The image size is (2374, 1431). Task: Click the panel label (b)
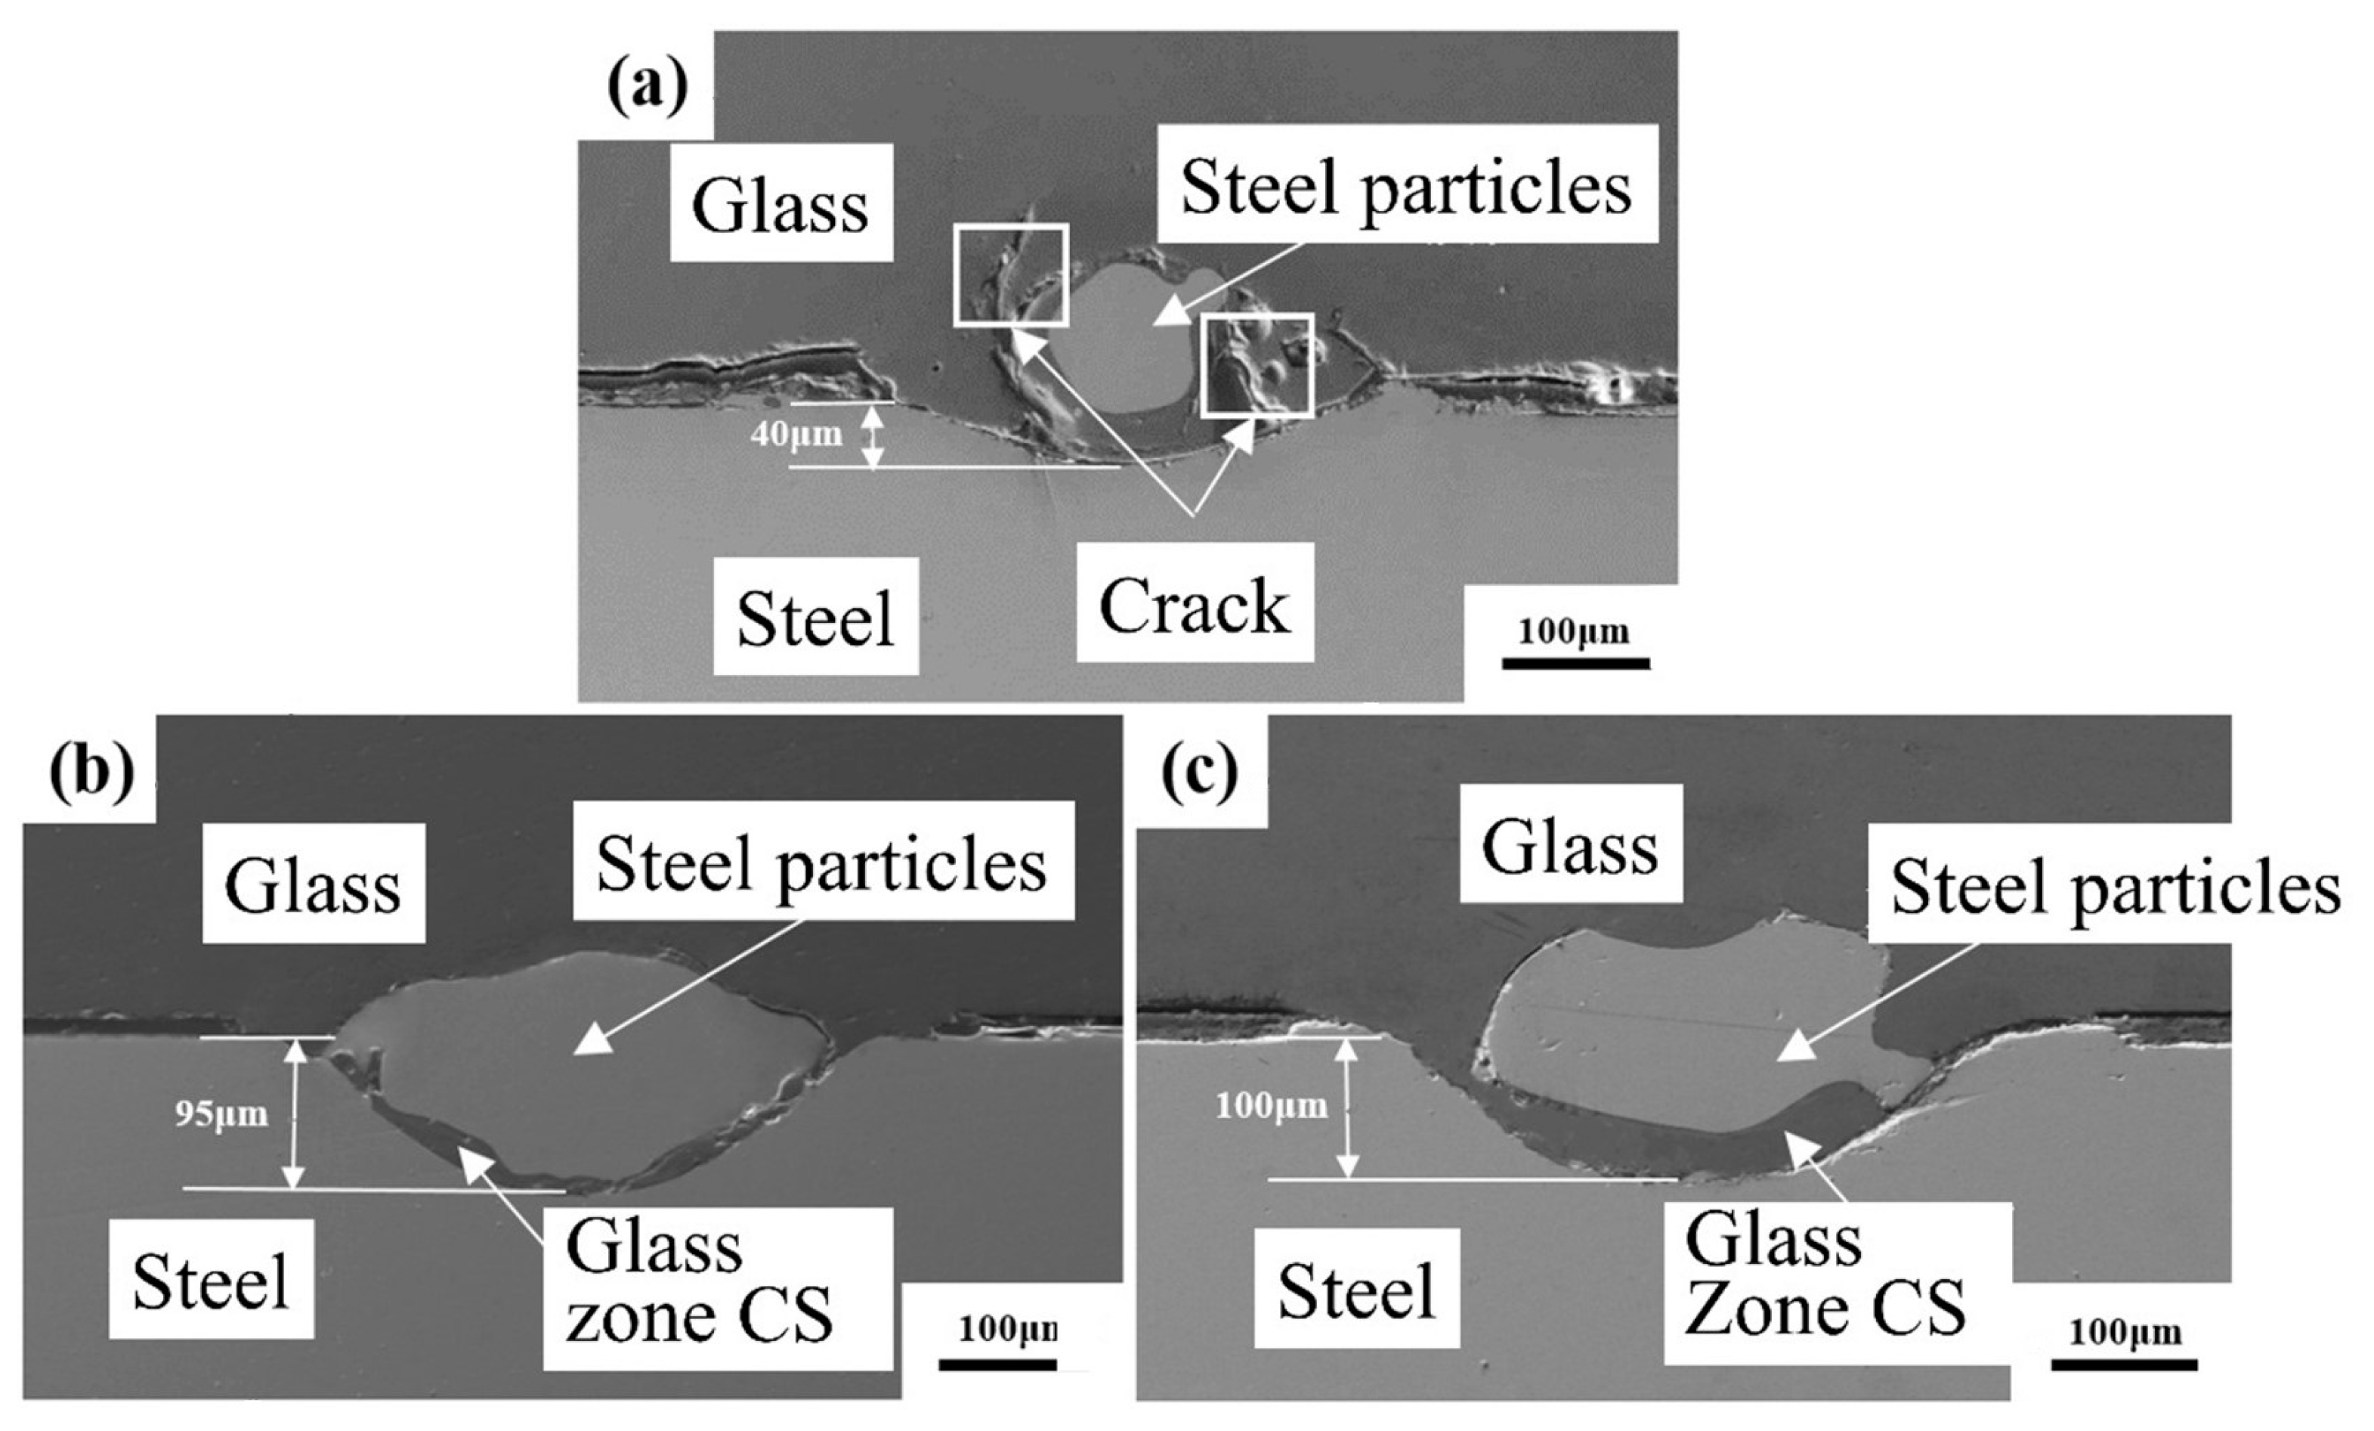pyautogui.click(x=91, y=772)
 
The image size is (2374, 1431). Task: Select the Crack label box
pyautogui.click(x=1195, y=603)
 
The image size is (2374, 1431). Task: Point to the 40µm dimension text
pyautogui.click(x=796, y=435)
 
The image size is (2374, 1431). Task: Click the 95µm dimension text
pyautogui.click(x=221, y=1114)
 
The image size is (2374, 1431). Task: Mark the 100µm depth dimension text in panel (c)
pyautogui.click(x=1271, y=1105)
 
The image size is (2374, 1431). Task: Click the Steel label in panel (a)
pyautogui.click(x=815, y=617)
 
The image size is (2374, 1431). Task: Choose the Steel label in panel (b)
pyautogui.click(x=211, y=1280)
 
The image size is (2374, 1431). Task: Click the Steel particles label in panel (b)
pyautogui.click(x=823, y=860)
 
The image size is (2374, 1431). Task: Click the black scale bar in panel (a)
pyautogui.click(x=1575, y=663)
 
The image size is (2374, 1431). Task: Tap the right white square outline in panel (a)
pyautogui.click(x=1257, y=364)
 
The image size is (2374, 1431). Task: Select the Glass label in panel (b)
pyautogui.click(x=312, y=884)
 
